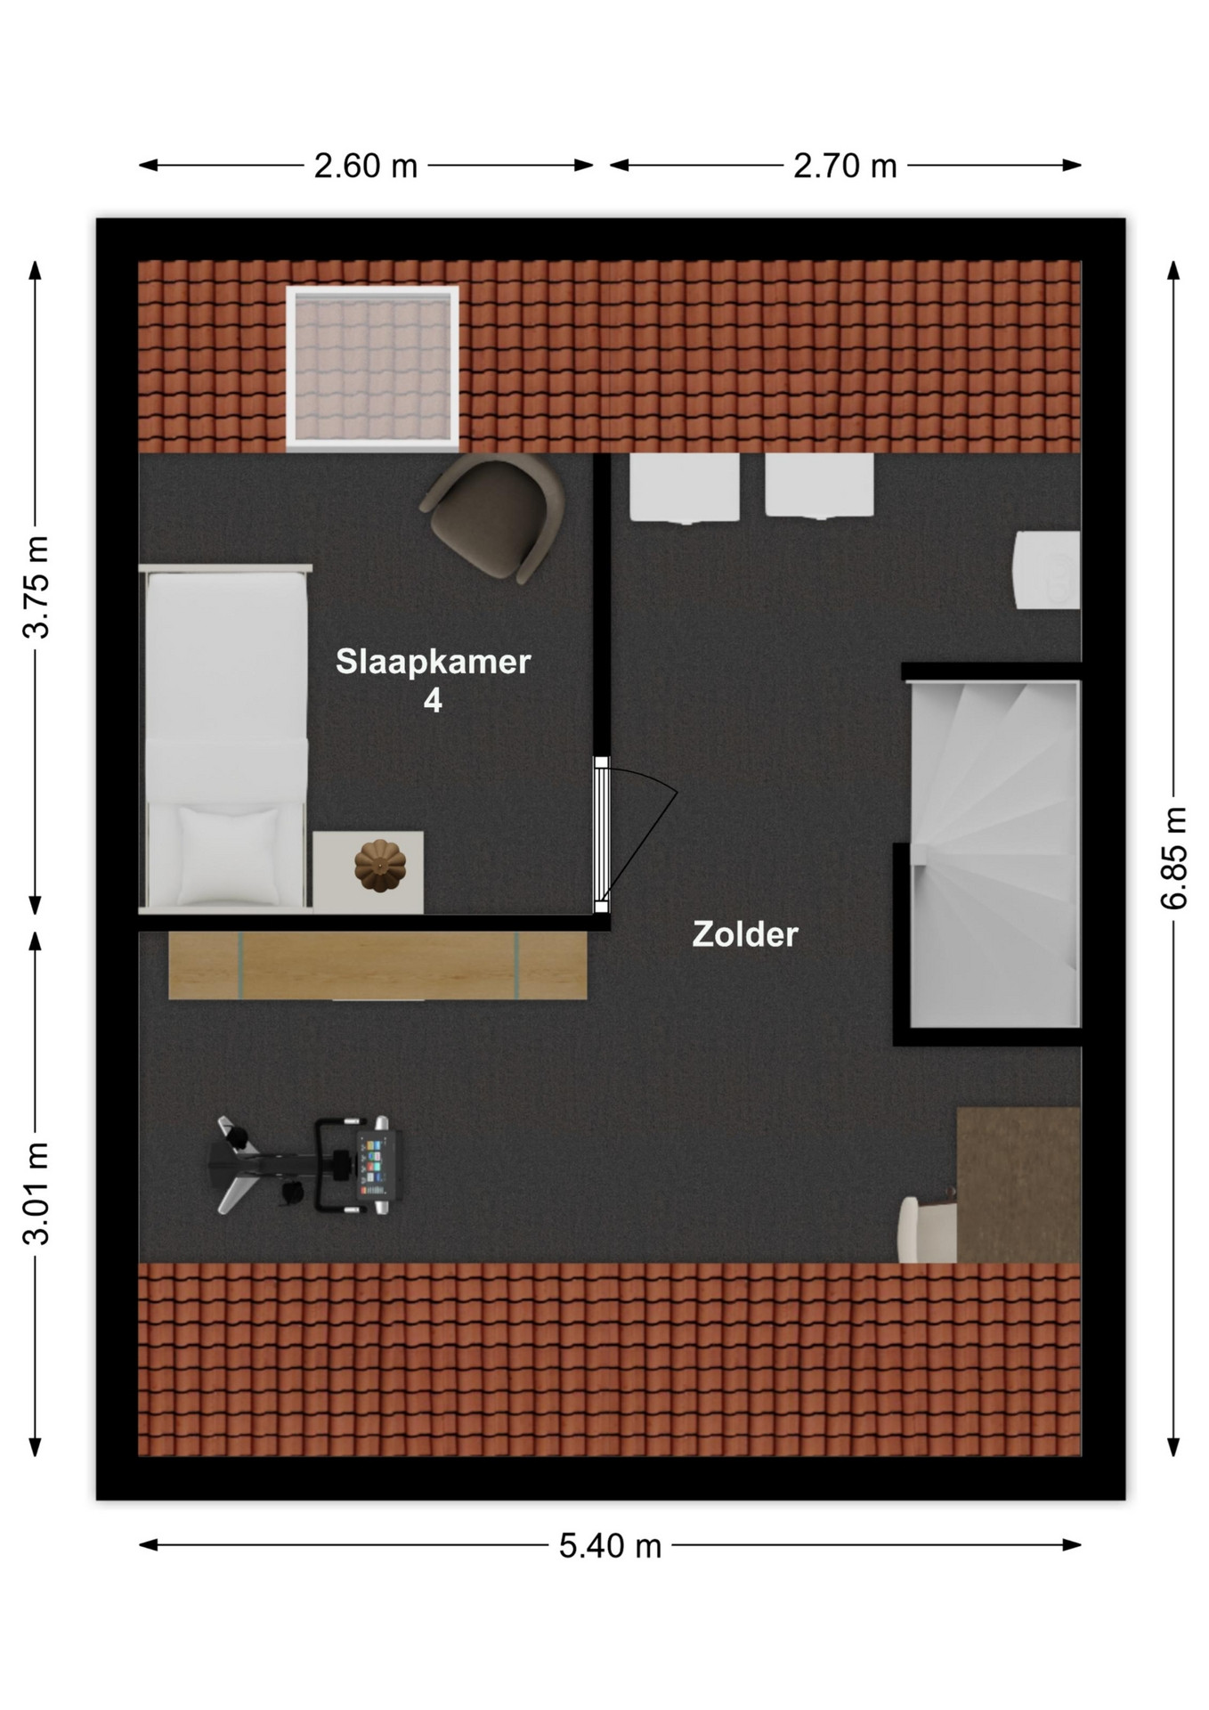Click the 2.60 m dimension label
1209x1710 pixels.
pyautogui.click(x=365, y=166)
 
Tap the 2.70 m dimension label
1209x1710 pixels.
pyautogui.click(x=845, y=166)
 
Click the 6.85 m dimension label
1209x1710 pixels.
pyautogui.click(x=1174, y=858)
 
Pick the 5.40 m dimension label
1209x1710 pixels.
pyautogui.click(x=610, y=1546)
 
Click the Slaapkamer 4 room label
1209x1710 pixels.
pyautogui.click(x=433, y=680)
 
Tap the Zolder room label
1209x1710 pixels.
pyautogui.click(x=745, y=934)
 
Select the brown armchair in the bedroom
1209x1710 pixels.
pyautogui.click(x=495, y=517)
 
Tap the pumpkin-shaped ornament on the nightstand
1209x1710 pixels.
pyautogui.click(x=380, y=866)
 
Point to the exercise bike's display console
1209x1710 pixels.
pyautogui.click(x=371, y=1166)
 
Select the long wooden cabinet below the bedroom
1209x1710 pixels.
pyautogui.click(x=377, y=965)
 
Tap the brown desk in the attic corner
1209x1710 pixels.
pyautogui.click(x=1018, y=1185)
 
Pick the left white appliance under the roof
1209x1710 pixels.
pyautogui.click(x=685, y=488)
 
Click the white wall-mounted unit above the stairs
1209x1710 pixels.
pyautogui.click(x=1047, y=570)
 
